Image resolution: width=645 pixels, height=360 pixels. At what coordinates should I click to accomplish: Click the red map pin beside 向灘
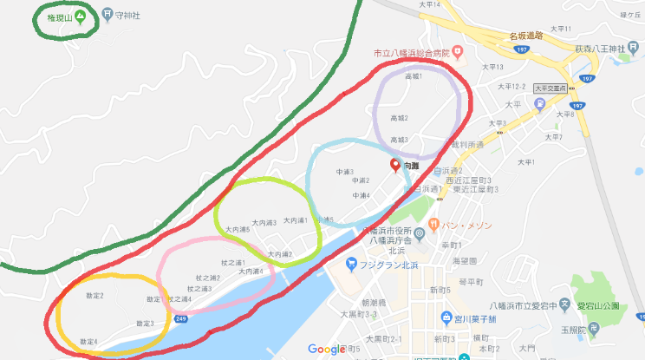click(x=394, y=164)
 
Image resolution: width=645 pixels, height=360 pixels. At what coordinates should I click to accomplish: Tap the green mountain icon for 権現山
click(x=80, y=16)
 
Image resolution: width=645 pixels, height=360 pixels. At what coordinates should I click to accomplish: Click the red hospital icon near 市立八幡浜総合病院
click(x=456, y=53)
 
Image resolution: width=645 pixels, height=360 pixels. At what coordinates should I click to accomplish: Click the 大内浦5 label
click(x=238, y=230)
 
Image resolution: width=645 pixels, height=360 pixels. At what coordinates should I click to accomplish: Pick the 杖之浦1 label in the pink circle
click(x=233, y=262)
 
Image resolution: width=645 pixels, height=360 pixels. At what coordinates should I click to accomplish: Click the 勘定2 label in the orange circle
click(x=94, y=296)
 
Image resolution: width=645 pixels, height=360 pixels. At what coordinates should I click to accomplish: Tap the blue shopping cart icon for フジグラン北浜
click(x=351, y=264)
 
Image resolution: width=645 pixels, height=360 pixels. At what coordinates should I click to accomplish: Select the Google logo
click(x=326, y=349)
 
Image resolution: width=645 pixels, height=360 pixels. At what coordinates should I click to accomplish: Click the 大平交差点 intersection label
click(x=549, y=88)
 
